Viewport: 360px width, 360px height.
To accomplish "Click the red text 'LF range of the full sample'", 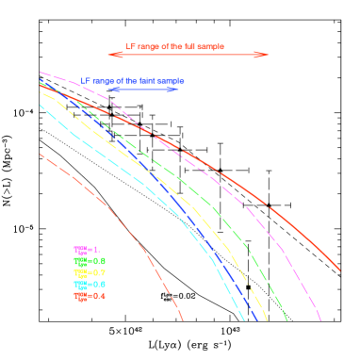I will [174, 46].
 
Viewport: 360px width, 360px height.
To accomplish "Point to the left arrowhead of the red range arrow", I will [111, 55].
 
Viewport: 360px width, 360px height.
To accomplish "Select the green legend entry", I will [90, 261].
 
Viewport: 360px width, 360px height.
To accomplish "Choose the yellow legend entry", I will [90, 272].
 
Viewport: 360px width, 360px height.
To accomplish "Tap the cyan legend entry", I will [90, 284].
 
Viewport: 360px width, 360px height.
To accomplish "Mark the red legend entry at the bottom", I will [90, 296].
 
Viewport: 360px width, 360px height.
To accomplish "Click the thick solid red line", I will [236, 183].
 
